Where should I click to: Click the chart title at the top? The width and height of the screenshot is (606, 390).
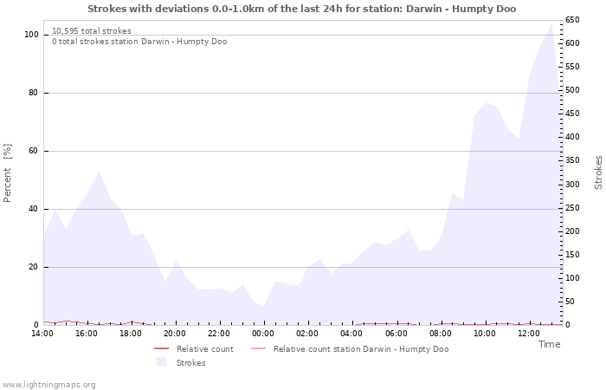[301, 9]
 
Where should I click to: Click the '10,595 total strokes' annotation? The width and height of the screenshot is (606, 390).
[92, 31]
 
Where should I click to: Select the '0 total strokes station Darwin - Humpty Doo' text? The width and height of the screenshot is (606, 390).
[139, 42]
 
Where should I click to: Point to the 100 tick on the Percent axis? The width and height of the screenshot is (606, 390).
[31, 35]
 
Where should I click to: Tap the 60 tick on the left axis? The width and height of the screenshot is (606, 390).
[34, 151]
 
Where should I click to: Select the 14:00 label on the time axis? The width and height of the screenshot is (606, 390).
[42, 333]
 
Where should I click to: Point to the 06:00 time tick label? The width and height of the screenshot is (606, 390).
[396, 333]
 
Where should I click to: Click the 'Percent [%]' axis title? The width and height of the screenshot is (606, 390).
[9, 173]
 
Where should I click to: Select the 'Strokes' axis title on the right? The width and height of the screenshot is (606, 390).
[598, 172]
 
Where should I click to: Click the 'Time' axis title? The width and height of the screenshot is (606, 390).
[549, 344]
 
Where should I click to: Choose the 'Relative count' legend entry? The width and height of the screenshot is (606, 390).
[204, 349]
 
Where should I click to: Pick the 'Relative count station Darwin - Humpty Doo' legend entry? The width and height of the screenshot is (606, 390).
[360, 349]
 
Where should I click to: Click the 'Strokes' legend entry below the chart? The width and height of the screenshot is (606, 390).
[190, 363]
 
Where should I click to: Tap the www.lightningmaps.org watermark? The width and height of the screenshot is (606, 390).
[48, 385]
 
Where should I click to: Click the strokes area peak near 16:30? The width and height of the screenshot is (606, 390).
[99, 172]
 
